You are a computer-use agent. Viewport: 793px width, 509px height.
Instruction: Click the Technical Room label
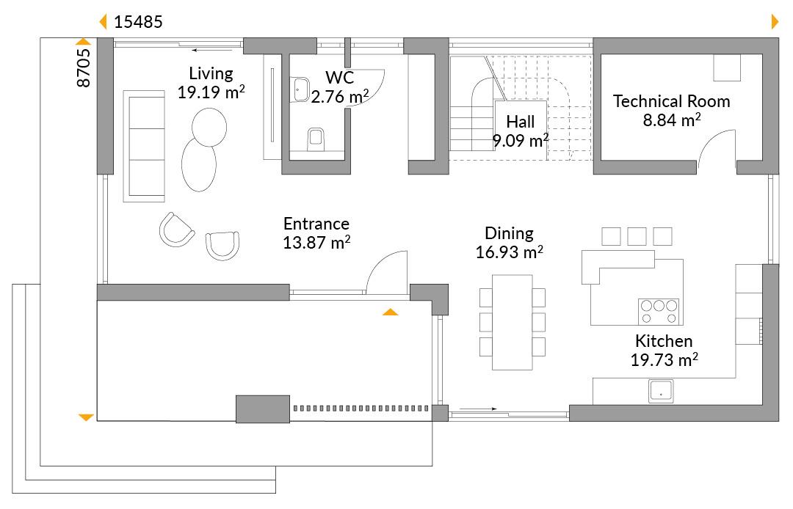click(672, 101)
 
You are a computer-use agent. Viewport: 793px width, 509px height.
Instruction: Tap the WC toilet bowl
click(316, 139)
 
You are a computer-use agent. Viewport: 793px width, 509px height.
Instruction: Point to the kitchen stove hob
click(659, 312)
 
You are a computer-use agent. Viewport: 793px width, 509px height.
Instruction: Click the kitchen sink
click(661, 392)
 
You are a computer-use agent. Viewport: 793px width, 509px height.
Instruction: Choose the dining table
click(513, 322)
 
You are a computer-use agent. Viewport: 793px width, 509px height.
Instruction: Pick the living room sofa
click(144, 147)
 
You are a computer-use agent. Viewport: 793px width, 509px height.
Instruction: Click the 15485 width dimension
click(138, 22)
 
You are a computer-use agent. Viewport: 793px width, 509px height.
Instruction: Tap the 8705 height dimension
click(84, 67)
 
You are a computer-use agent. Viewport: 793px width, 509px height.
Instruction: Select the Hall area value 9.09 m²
click(521, 140)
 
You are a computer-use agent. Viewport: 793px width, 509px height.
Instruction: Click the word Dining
click(509, 233)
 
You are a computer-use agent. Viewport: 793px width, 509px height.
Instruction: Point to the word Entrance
click(316, 224)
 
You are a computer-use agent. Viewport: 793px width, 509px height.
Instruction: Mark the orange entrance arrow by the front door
click(390, 312)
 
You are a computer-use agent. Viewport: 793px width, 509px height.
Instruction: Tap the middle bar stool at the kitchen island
click(636, 236)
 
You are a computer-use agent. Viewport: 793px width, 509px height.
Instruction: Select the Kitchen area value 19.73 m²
click(664, 360)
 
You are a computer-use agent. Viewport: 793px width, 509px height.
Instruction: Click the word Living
click(211, 74)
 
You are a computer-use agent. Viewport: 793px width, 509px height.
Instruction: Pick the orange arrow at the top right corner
click(775, 22)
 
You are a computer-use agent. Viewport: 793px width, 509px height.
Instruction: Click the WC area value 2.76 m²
click(339, 97)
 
